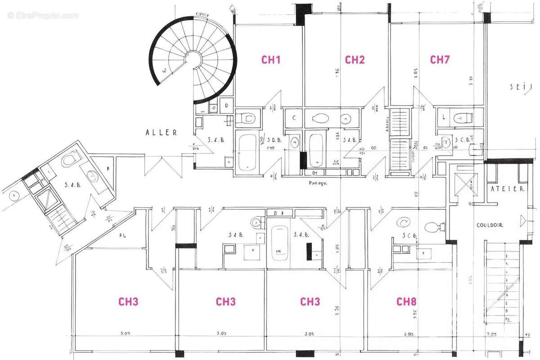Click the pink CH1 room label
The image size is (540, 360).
coord(271,59)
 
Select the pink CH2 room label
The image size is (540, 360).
coord(355,59)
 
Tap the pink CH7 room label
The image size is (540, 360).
coord(440,59)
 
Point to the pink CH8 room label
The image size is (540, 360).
coord(406,301)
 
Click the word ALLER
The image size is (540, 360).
coord(161,133)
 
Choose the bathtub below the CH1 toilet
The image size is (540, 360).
coord(247,152)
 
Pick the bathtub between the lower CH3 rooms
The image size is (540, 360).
coord(280,243)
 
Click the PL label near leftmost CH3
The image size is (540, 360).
coord(122,235)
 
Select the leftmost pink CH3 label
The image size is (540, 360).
coord(128,301)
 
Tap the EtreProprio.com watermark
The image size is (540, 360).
coord(43,15)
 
